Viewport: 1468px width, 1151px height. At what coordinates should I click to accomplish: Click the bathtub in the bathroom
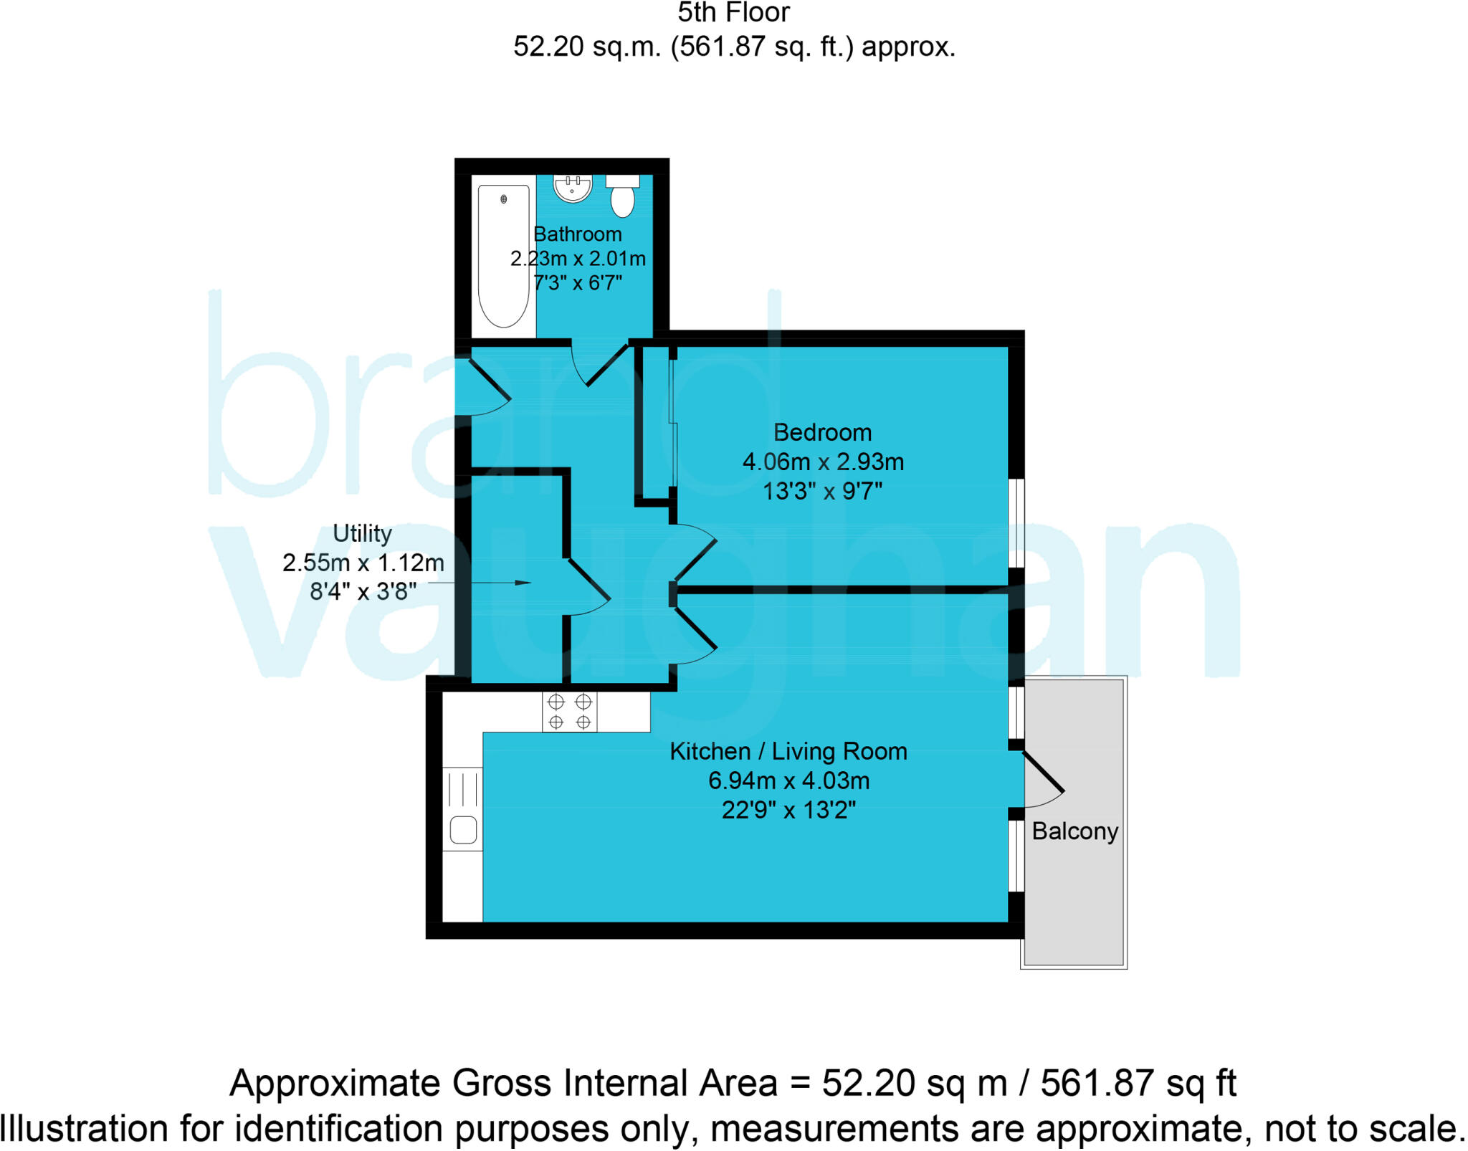503,256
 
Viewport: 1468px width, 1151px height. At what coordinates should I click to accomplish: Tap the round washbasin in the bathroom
572,188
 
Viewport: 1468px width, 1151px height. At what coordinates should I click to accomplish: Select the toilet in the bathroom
622,197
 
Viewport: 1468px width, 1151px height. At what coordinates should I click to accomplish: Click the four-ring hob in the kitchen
570,712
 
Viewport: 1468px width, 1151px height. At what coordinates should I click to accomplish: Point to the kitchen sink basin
463,830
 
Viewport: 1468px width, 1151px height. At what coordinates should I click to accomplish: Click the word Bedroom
822,432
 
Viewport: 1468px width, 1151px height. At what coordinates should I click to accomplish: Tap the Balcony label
1074,831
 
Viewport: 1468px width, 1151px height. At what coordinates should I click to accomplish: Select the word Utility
362,533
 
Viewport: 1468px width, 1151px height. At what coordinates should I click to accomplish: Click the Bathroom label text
577,234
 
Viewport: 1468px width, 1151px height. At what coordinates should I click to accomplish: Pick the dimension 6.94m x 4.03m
788,780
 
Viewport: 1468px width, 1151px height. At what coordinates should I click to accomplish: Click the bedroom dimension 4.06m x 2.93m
823,462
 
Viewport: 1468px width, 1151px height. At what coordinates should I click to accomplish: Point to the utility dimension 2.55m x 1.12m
363,563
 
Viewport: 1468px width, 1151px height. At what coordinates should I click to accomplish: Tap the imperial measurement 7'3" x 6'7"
577,283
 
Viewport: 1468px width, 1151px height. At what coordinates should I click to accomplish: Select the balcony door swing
1043,781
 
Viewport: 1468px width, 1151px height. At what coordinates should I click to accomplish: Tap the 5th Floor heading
733,13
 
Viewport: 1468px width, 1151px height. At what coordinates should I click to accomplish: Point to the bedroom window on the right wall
1016,522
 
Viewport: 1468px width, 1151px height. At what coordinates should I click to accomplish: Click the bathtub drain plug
504,199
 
